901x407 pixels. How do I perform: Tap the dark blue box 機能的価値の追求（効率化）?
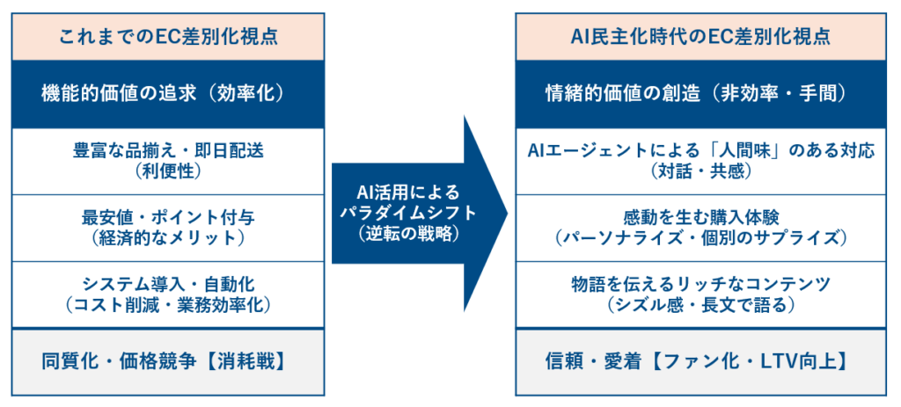click(x=168, y=94)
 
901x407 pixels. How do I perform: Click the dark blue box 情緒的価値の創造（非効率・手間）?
click(x=700, y=94)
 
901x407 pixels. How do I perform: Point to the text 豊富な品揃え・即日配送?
click(x=168, y=151)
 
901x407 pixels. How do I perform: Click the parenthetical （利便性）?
click(x=168, y=171)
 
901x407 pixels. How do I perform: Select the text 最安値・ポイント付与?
click(x=168, y=218)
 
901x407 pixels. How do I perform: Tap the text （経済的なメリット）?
click(x=168, y=237)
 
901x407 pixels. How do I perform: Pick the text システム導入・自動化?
click(x=168, y=285)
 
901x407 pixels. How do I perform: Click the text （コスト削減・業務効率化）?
click(x=168, y=305)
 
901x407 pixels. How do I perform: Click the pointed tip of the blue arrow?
click(x=508, y=213)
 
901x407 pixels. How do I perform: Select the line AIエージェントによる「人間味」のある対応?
click(x=700, y=151)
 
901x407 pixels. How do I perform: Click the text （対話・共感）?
click(x=700, y=171)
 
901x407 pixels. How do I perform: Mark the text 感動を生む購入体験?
click(x=700, y=218)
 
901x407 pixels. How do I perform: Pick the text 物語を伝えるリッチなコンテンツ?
click(x=700, y=285)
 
